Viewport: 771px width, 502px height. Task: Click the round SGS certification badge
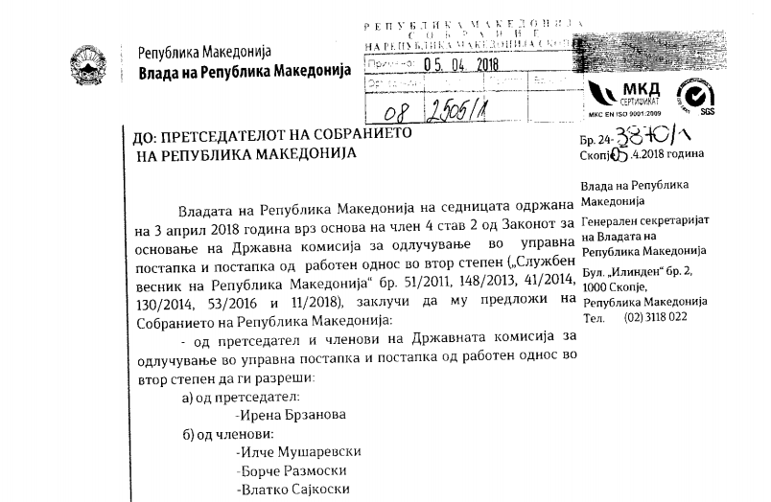click(x=693, y=96)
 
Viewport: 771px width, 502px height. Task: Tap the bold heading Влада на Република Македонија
click(x=245, y=72)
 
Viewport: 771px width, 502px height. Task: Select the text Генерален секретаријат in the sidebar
click(x=643, y=219)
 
